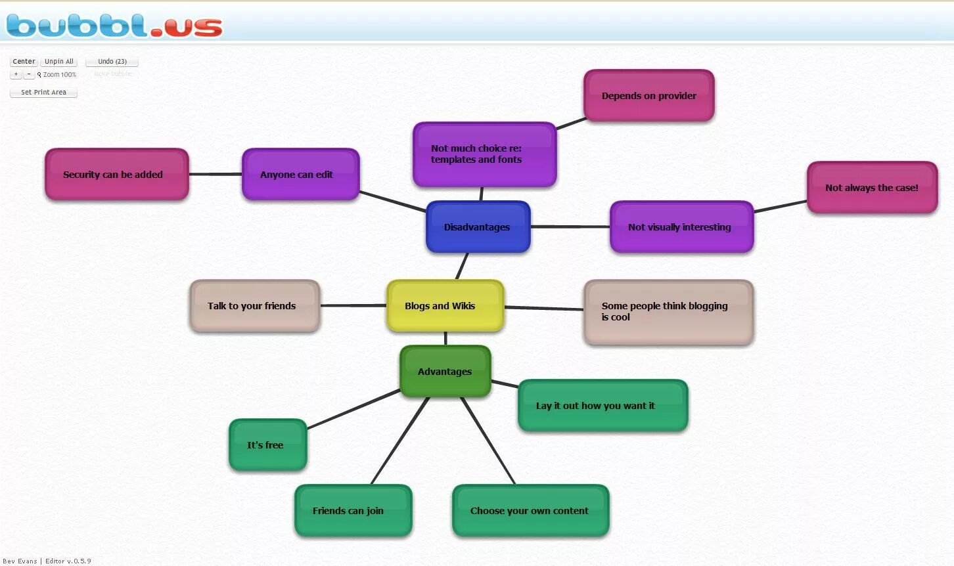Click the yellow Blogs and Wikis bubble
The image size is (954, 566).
tap(445, 305)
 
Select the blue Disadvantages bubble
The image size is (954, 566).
tap(478, 227)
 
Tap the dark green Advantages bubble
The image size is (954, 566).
tap(445, 371)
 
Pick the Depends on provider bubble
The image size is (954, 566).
tap(648, 96)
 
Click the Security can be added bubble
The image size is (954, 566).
tap(116, 175)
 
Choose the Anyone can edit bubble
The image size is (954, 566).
tap(300, 175)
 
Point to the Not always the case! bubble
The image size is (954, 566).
tap(872, 188)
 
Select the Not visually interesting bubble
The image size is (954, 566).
tap(681, 227)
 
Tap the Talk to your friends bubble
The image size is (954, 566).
tap(254, 306)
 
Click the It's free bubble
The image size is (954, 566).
tap(267, 445)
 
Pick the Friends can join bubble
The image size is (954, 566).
tap(353, 511)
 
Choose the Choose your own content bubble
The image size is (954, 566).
tap(530, 511)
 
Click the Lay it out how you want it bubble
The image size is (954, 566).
tap(602, 406)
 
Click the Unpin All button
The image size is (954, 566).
tap(59, 62)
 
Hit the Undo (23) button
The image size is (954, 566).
tap(112, 62)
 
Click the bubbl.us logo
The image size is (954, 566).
tap(114, 26)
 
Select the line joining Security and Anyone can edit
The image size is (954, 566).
tap(216, 174)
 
